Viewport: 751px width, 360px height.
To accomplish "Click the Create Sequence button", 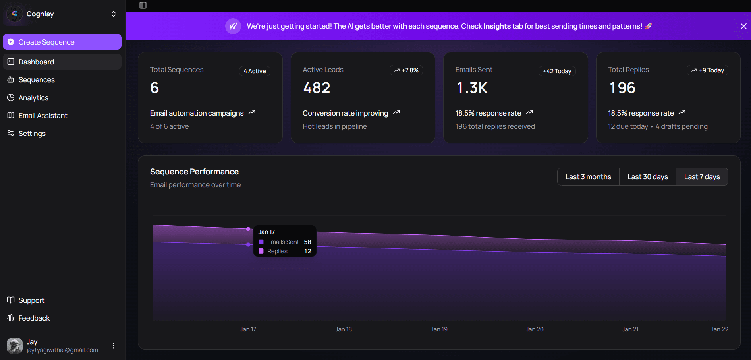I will click(62, 42).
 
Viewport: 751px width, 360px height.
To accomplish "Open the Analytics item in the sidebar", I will click(33, 98).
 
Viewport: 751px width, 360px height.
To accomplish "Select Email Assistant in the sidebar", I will click(42, 116).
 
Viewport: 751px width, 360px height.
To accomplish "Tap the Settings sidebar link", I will click(32, 134).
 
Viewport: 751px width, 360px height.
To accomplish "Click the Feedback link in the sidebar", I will click(34, 318).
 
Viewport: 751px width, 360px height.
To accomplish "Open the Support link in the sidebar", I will click(31, 300).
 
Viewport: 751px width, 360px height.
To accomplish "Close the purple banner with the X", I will click(743, 26).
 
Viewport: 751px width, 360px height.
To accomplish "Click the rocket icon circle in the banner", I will click(233, 26).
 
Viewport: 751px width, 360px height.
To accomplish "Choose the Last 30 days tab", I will click(647, 177).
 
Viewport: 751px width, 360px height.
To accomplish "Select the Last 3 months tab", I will click(588, 177).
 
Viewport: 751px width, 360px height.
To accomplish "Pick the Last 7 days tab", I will click(702, 177).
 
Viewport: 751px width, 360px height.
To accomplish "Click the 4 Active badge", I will click(255, 71).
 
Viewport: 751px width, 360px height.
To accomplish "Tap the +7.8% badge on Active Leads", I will click(406, 70).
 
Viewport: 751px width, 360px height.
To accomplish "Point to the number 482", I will click(317, 88).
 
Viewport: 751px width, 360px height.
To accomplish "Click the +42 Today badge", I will click(557, 71).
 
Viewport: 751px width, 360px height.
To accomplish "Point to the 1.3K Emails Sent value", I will click(472, 88).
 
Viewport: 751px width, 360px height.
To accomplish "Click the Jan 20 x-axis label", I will click(535, 329).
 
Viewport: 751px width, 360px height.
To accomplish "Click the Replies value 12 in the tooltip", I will click(307, 251).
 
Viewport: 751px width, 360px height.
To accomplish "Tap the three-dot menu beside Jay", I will click(114, 346).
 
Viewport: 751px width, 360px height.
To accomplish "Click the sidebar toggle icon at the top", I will click(143, 5).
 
